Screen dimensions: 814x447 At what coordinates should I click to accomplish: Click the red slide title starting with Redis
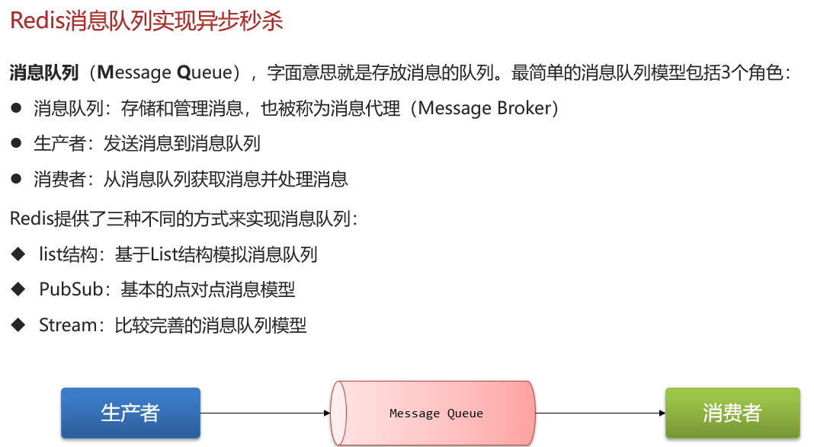pyautogui.click(x=146, y=21)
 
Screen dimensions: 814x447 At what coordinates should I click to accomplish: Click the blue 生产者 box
pyautogui.click(x=130, y=413)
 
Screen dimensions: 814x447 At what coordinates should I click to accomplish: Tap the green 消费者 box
pyautogui.click(x=732, y=413)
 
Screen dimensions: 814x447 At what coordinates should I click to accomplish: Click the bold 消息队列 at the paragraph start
pyautogui.click(x=44, y=73)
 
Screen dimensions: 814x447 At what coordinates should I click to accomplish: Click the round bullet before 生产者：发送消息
pyautogui.click(x=16, y=143)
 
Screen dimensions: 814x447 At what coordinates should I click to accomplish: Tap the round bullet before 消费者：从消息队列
pyautogui.click(x=16, y=179)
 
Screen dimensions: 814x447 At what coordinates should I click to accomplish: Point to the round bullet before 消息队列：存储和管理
pyautogui.click(x=16, y=108)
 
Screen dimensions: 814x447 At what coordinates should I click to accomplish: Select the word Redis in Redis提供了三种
pyautogui.click(x=30, y=219)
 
